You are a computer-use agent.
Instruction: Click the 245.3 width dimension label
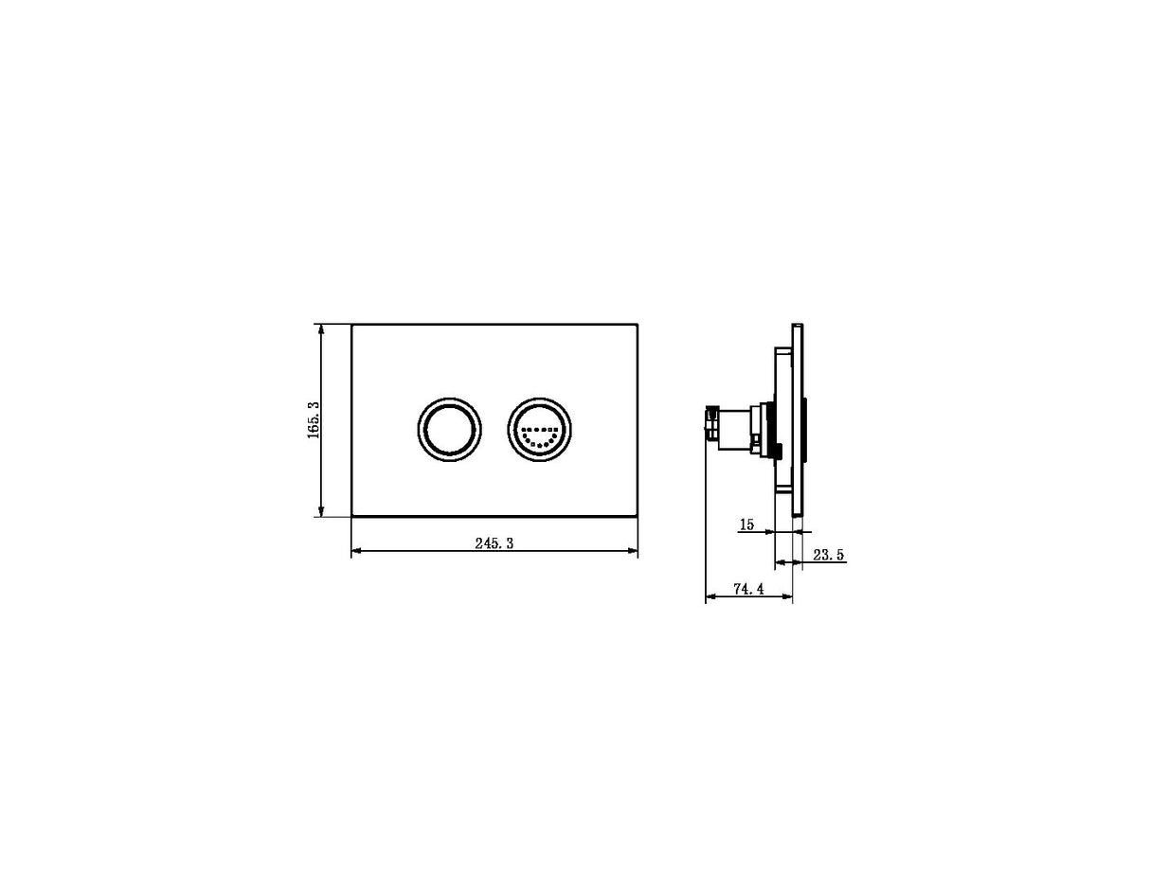(494, 543)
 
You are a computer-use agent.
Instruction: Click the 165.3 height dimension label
(314, 419)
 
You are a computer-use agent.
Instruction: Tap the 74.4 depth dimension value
(747, 590)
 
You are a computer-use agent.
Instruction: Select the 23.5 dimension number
(827, 556)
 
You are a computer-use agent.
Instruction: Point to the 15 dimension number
(747, 524)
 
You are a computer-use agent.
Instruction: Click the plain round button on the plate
(449, 429)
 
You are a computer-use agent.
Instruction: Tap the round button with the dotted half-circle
(539, 429)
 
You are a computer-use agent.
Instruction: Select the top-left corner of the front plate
(352, 325)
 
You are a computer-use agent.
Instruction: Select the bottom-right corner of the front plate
(637, 516)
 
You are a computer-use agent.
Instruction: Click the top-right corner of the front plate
(637, 325)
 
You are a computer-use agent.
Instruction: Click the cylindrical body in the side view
(734, 429)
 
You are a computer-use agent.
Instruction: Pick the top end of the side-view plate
(799, 327)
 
